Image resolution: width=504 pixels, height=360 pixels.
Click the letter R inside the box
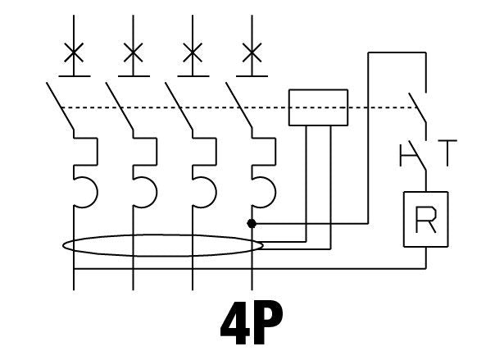pyautogui.click(x=426, y=220)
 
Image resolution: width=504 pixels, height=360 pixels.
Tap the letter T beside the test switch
pyautogui.click(x=447, y=153)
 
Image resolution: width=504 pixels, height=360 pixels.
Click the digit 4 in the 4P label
pyautogui.click(x=235, y=322)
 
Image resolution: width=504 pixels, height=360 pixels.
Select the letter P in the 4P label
pyautogui.click(x=268, y=322)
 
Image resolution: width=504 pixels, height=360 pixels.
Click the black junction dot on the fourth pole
pyautogui.click(x=252, y=223)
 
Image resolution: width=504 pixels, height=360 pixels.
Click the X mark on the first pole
pyautogui.click(x=74, y=52)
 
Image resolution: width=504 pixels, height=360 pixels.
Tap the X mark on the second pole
pyautogui.click(x=134, y=52)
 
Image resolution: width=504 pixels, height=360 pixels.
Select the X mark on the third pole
pyautogui.click(x=193, y=52)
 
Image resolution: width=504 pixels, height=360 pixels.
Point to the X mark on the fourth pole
pyautogui.click(x=252, y=52)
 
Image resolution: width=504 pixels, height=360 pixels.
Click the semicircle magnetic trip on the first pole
pyautogui.click(x=98, y=193)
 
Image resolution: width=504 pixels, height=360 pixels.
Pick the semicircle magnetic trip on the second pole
pyautogui.click(x=157, y=193)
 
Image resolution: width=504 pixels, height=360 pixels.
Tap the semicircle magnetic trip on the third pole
pyautogui.click(x=216, y=193)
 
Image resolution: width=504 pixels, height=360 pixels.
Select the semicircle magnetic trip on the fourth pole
pyautogui.click(x=275, y=193)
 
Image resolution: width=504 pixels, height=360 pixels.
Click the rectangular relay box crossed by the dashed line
pyautogui.click(x=318, y=90)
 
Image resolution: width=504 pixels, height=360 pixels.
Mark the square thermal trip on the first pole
pyautogui.click(x=97, y=152)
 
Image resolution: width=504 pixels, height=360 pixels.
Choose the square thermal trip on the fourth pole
pyautogui.click(x=275, y=152)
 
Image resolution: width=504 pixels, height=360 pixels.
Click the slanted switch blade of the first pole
pyautogui.click(x=60, y=107)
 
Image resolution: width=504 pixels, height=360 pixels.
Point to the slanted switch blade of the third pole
pyautogui.click(x=179, y=107)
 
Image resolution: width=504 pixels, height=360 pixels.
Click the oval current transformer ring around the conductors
pyautogui.click(x=163, y=235)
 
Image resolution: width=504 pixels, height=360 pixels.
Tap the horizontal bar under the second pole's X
pyautogui.click(x=134, y=76)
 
